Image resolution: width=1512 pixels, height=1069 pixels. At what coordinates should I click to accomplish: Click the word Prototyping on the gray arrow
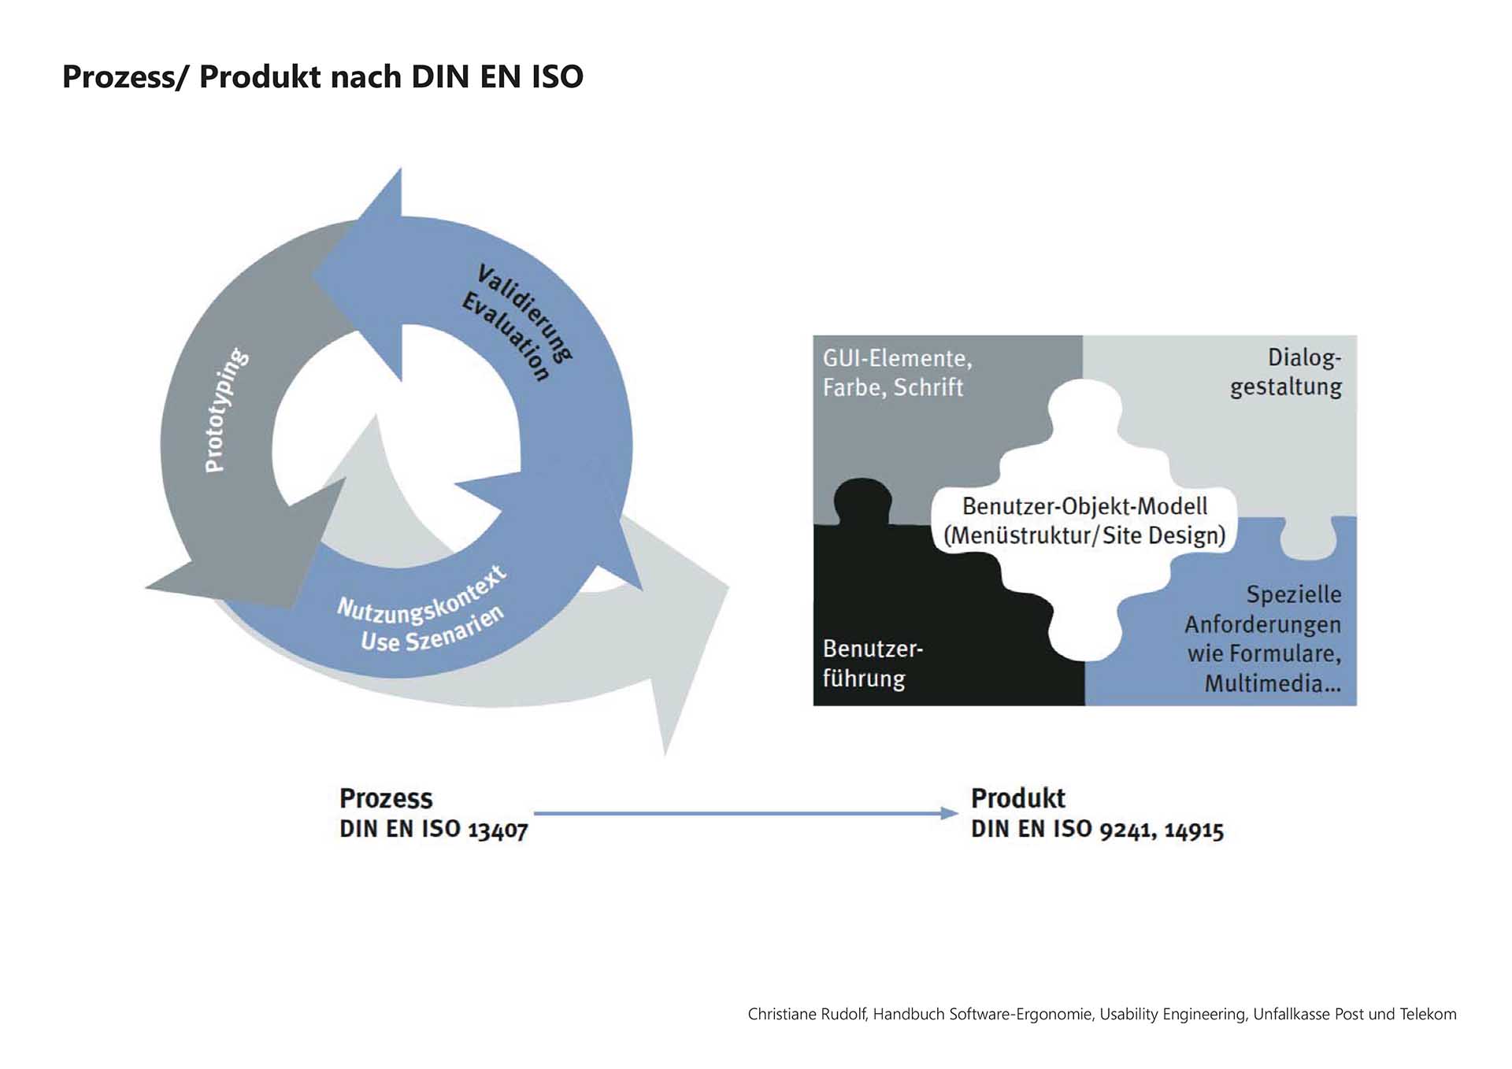[226, 410]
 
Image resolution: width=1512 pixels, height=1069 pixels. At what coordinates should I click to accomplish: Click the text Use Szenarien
[432, 631]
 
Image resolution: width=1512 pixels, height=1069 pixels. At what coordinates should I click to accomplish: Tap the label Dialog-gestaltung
[1287, 372]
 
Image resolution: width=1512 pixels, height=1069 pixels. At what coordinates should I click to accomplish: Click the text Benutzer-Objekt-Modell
[1084, 506]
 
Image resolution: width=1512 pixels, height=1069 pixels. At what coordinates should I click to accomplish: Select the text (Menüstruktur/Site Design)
[1084, 536]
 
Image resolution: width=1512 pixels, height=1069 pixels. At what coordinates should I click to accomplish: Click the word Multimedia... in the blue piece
[1272, 683]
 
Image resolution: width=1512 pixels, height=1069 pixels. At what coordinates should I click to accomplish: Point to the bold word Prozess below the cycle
[386, 798]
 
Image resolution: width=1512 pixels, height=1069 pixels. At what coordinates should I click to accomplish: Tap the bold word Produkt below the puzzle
[1017, 798]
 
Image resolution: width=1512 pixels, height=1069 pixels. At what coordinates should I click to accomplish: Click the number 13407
[498, 830]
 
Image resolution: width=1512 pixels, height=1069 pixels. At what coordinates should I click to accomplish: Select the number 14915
[1194, 830]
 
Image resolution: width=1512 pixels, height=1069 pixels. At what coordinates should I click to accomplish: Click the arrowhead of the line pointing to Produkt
[950, 813]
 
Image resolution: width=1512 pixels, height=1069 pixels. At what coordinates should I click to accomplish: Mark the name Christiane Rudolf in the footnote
[807, 1014]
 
